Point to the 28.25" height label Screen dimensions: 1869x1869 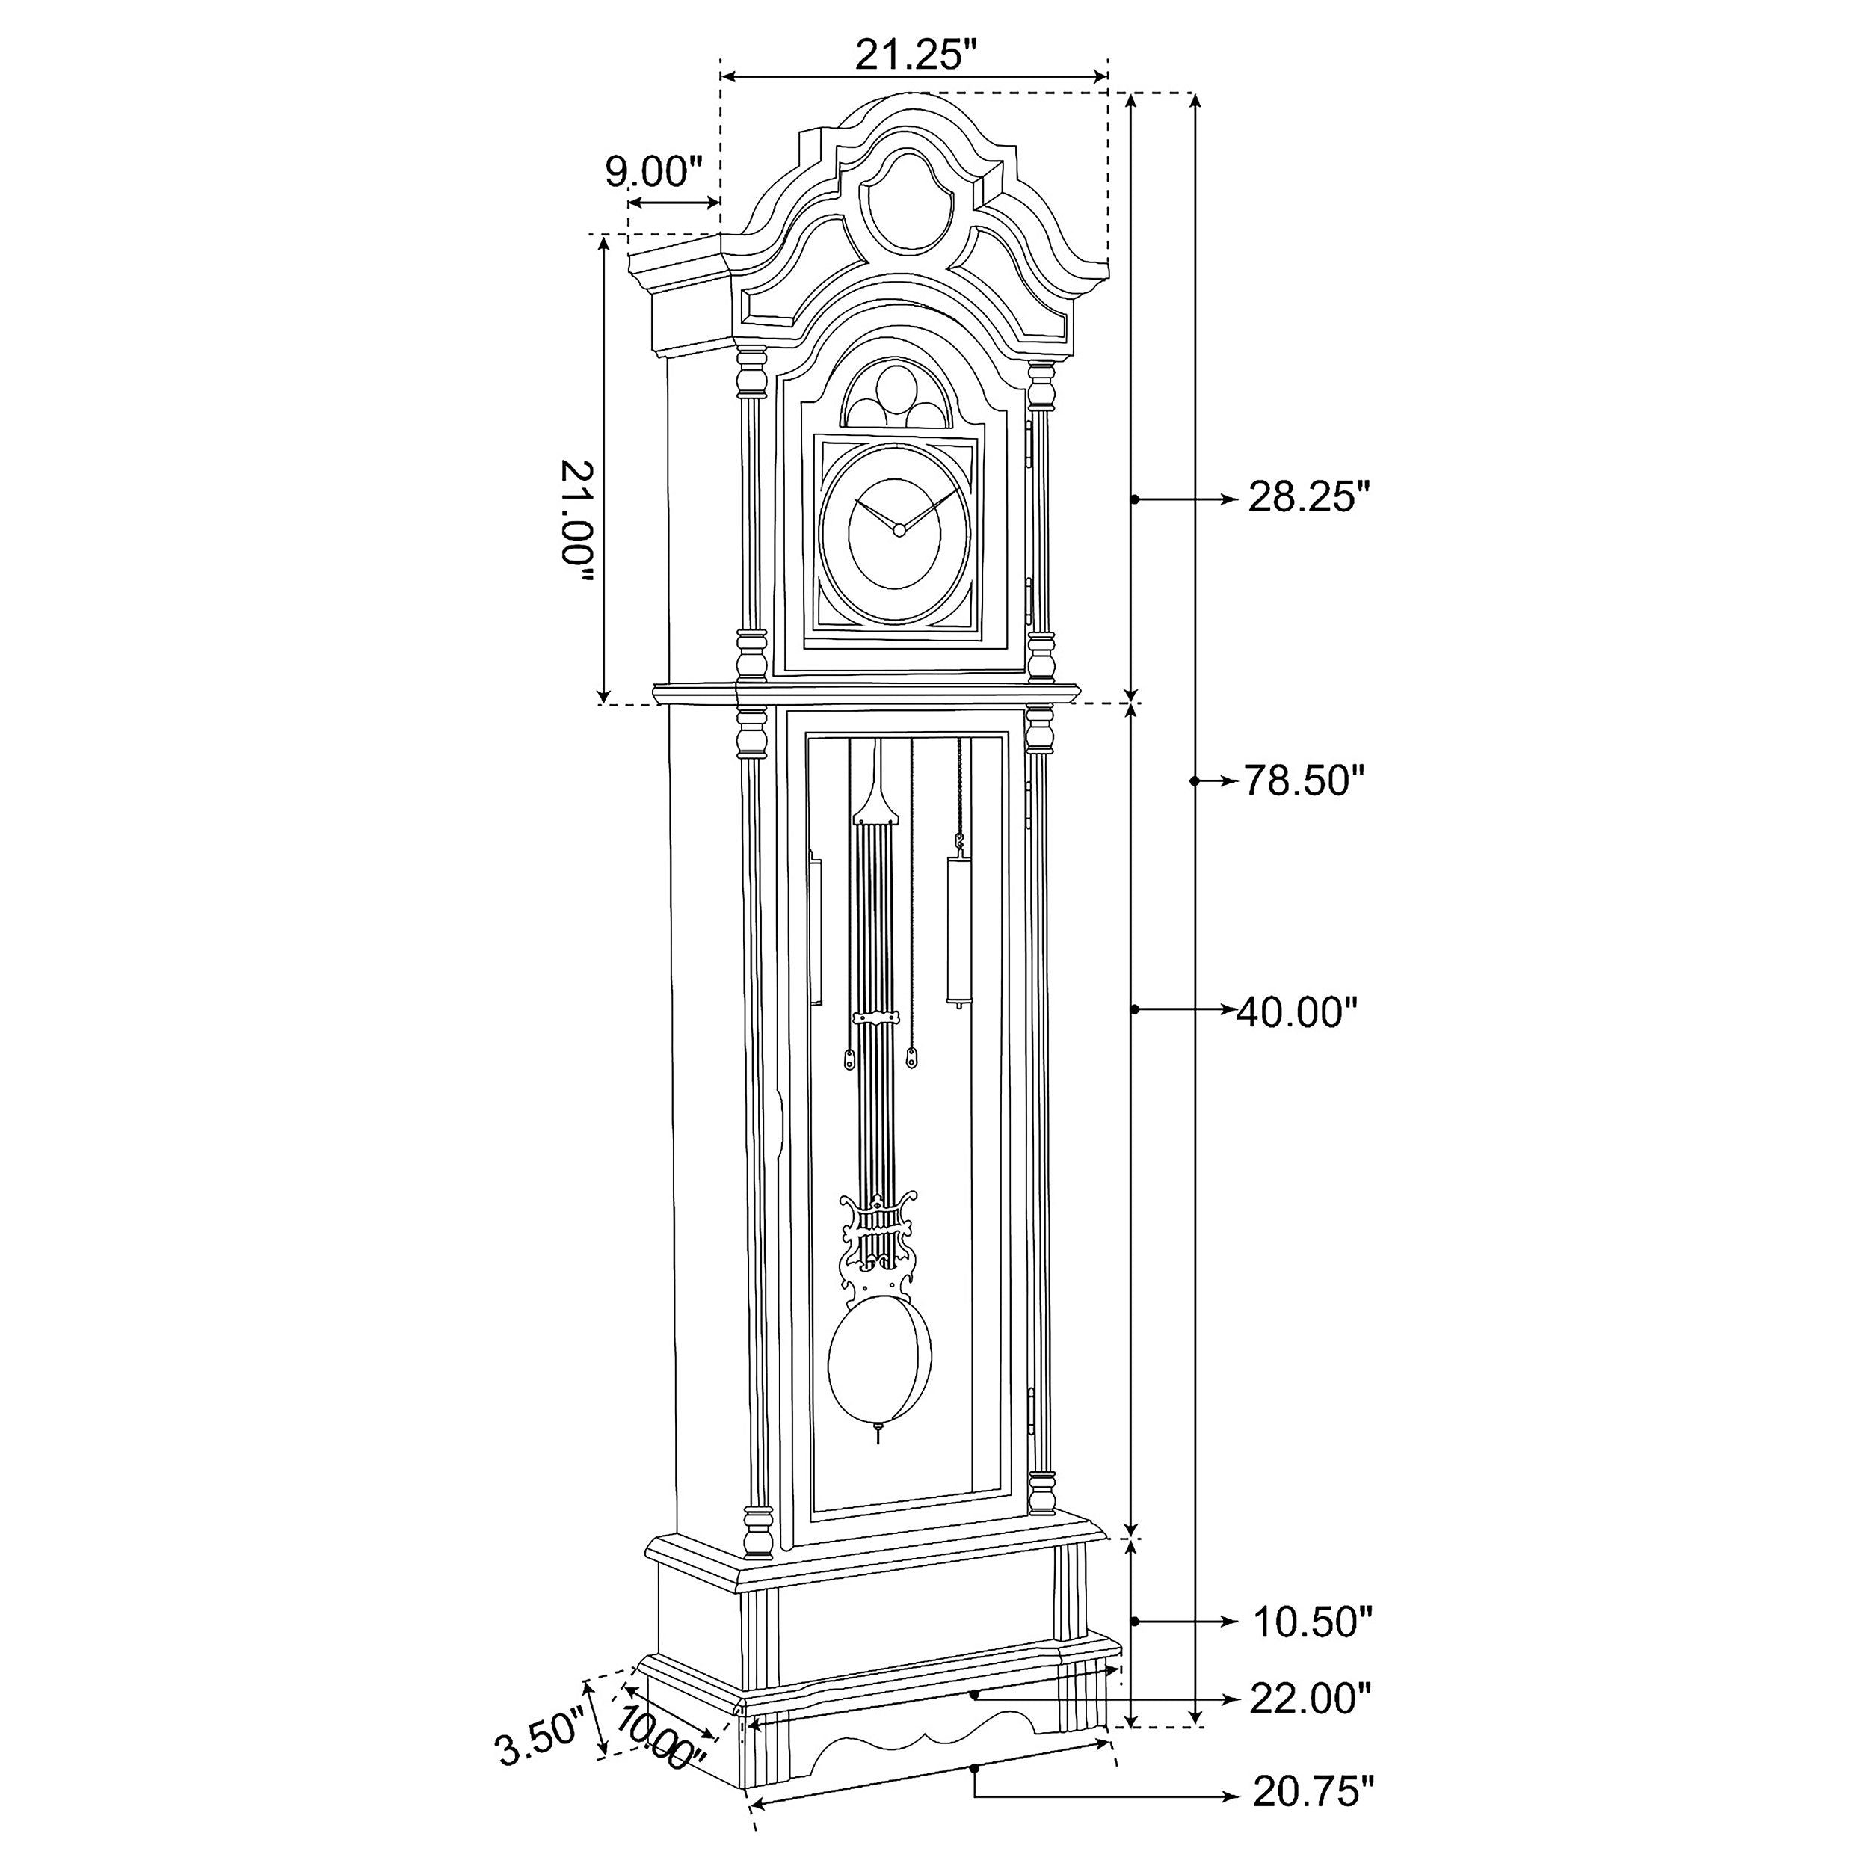click(1309, 497)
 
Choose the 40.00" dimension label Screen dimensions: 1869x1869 click(1297, 1013)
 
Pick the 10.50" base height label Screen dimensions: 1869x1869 click(1312, 1622)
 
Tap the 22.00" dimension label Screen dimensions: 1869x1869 click(1310, 1699)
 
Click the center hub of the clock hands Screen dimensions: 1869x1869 click(898, 529)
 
